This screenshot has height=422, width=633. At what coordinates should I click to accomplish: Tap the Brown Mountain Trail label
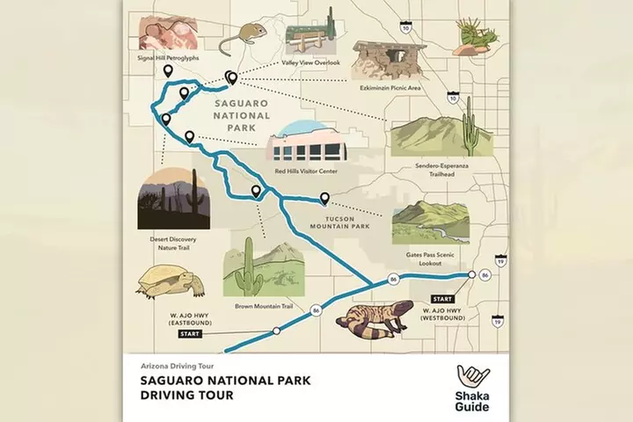click(264, 307)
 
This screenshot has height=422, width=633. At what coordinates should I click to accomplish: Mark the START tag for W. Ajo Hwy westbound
click(443, 299)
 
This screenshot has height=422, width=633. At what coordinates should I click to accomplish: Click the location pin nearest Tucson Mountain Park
click(324, 200)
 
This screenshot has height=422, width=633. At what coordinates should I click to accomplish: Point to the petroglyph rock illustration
click(167, 33)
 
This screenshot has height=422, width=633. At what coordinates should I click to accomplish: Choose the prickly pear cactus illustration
click(477, 36)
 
